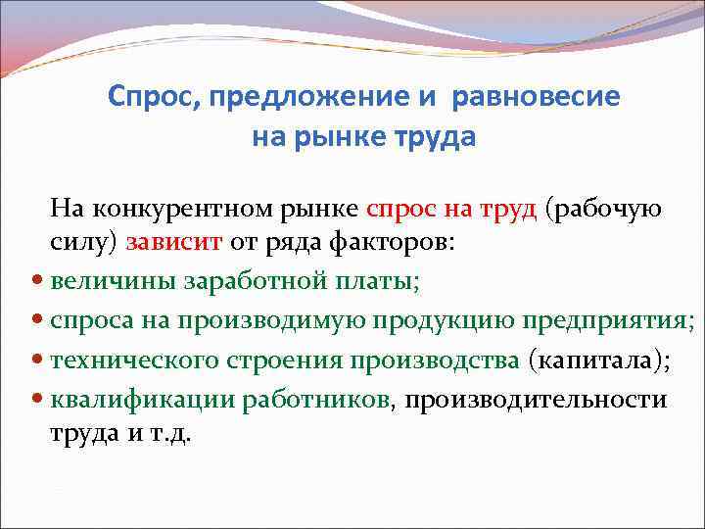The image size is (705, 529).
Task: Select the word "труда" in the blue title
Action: click(433, 136)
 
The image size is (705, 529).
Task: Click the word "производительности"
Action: click(535, 399)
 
